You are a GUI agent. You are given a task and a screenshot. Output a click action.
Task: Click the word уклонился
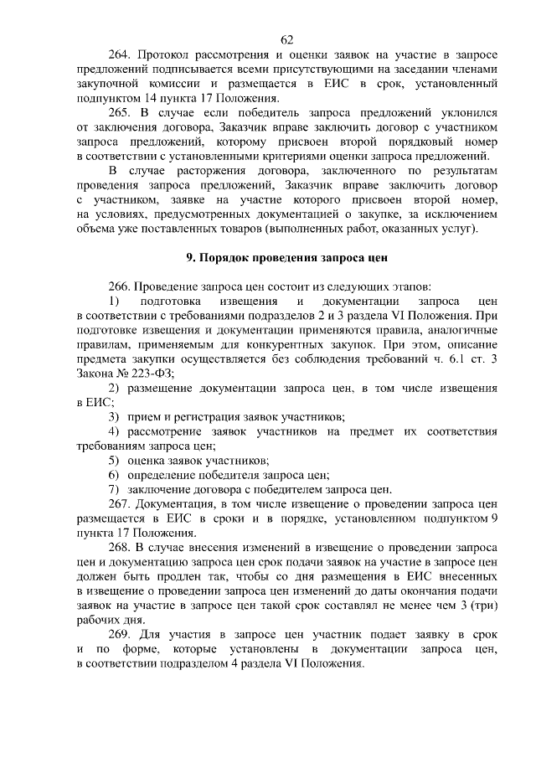tap(470, 114)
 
